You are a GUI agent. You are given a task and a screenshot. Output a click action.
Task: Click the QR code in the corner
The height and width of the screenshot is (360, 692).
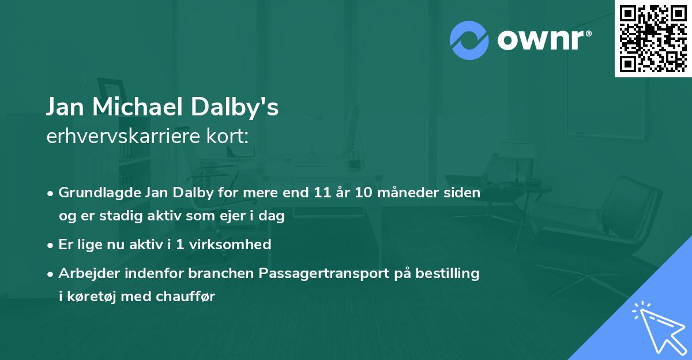click(653, 38)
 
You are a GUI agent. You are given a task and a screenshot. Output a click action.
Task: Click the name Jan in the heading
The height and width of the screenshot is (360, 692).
click(65, 107)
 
